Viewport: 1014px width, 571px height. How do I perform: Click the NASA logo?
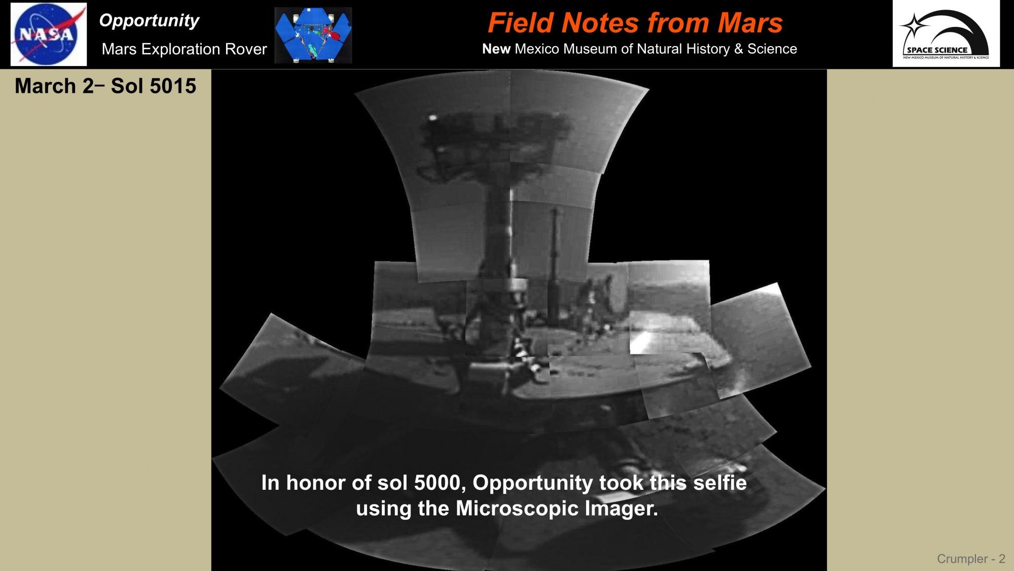tap(49, 34)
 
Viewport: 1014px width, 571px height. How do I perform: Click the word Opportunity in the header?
tap(149, 21)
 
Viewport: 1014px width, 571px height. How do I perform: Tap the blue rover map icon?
tap(313, 35)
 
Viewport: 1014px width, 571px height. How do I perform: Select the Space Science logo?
tap(946, 33)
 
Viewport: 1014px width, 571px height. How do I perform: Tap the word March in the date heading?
tap(45, 86)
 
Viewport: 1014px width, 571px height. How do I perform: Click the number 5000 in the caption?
tap(440, 483)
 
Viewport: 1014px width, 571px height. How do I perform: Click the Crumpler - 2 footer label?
tap(971, 559)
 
